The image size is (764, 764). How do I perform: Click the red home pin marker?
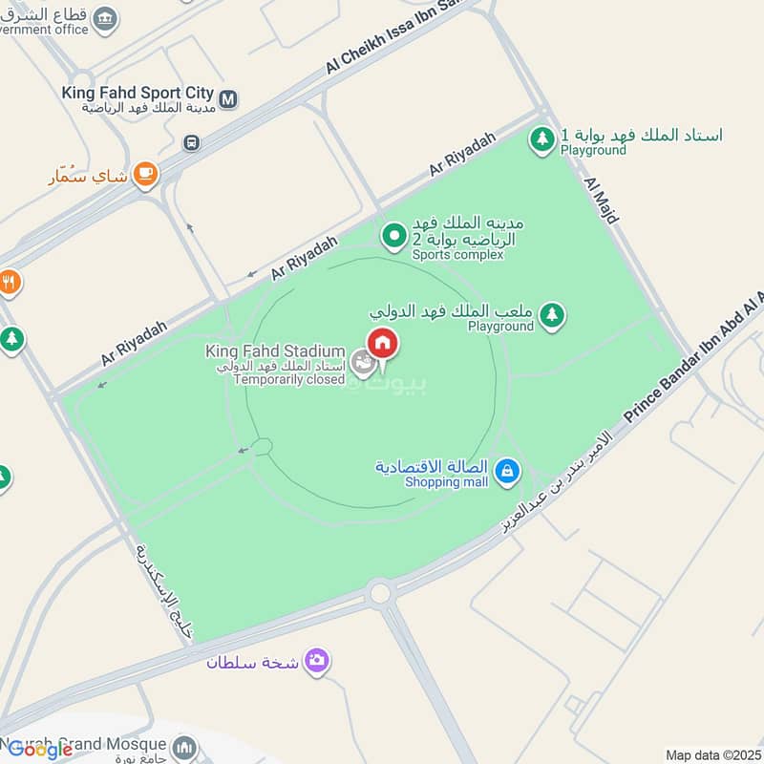pyautogui.click(x=383, y=342)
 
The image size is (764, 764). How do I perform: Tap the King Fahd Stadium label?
pyautogui.click(x=275, y=352)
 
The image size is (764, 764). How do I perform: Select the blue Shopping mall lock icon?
pyautogui.click(x=508, y=470)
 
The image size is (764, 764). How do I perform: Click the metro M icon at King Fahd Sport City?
pyautogui.click(x=228, y=97)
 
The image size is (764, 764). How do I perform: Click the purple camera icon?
pyautogui.click(x=317, y=660)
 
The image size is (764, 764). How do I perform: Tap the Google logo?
pyautogui.click(x=40, y=750)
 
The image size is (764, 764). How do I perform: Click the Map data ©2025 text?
pyautogui.click(x=713, y=755)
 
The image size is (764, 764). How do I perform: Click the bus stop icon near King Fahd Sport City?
pyautogui.click(x=192, y=143)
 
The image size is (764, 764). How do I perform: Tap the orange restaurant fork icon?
pyautogui.click(x=9, y=282)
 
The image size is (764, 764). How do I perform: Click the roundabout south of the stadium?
pyautogui.click(x=380, y=593)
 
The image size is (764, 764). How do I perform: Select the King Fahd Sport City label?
pyautogui.click(x=138, y=94)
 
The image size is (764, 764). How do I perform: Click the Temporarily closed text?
pyautogui.click(x=288, y=379)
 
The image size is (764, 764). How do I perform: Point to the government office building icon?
pyautogui.click(x=108, y=16)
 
